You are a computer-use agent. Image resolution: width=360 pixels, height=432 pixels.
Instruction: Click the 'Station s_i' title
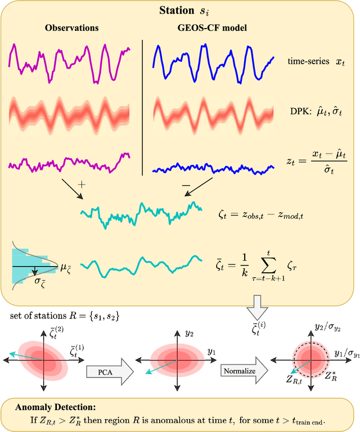pyautogui.click(x=179, y=11)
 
